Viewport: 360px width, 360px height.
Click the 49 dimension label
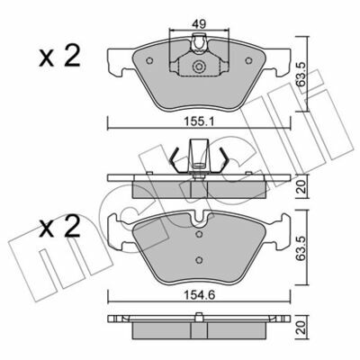point(199,23)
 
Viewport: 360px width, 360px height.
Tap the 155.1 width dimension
point(199,121)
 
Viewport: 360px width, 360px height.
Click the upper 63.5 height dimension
point(301,74)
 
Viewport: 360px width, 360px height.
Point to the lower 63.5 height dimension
point(301,247)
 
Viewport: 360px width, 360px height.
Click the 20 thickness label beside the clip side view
point(301,186)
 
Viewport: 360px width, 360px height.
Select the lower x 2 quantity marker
point(59,227)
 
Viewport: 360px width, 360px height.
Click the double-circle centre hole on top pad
point(198,67)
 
